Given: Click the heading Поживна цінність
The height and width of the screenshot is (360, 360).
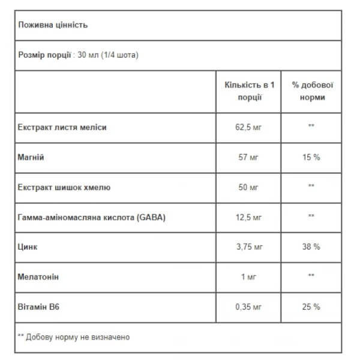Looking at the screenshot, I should pyautogui.click(x=53, y=25).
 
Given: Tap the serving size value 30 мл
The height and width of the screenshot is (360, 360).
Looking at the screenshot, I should pyautogui.click(x=88, y=55).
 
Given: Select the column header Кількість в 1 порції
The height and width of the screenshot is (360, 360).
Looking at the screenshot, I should pyautogui.click(x=248, y=91).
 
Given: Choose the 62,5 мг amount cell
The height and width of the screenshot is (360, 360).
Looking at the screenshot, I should pyautogui.click(x=248, y=127).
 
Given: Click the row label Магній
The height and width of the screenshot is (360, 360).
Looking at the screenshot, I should pyautogui.click(x=32, y=157).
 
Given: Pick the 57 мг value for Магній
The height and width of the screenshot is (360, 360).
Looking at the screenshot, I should pyautogui.click(x=248, y=157).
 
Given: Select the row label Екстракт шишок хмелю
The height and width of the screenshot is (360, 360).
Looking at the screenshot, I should pyautogui.click(x=65, y=187).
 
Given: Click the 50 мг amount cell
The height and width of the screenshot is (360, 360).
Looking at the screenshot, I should pyautogui.click(x=248, y=187).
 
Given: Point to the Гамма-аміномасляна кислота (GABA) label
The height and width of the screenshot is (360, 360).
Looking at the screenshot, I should pyautogui.click(x=92, y=217).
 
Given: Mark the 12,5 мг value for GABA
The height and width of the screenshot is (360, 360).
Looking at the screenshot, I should pyautogui.click(x=248, y=217).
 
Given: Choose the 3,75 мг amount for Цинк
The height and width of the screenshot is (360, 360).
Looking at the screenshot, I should pyautogui.click(x=248, y=247).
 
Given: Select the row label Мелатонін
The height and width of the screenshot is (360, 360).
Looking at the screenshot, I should pyautogui.click(x=40, y=277).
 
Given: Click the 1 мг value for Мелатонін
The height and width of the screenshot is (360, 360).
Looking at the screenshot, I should pyautogui.click(x=248, y=277).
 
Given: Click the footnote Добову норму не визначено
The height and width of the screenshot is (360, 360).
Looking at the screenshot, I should pyautogui.click(x=77, y=337).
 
